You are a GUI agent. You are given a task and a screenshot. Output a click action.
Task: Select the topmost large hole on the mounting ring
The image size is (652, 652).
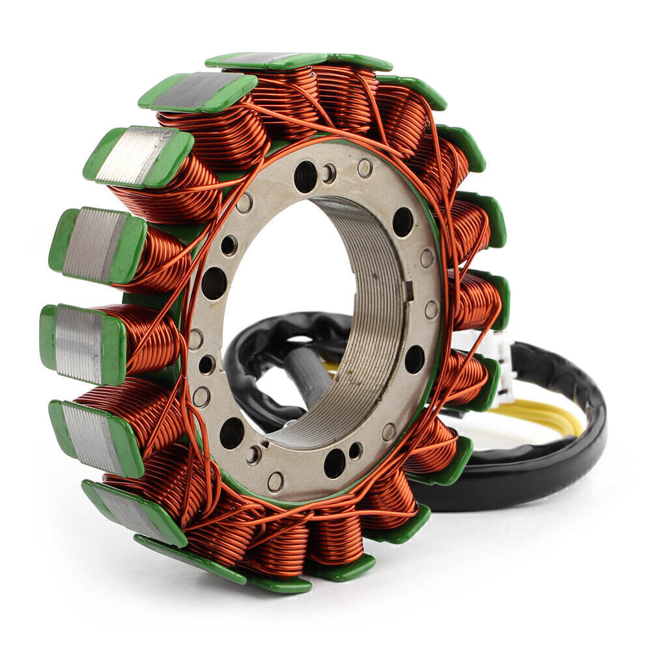pyautogui.click(x=304, y=175)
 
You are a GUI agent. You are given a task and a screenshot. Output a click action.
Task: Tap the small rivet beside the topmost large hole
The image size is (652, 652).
pyautogui.click(x=329, y=173)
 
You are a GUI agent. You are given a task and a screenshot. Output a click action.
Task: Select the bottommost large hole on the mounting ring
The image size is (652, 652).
pyautogui.click(x=334, y=462)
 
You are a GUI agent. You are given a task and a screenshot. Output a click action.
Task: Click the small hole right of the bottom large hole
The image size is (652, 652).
pyautogui.click(x=356, y=450)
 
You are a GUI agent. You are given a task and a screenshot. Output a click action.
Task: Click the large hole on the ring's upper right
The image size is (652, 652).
pyautogui.click(x=403, y=222)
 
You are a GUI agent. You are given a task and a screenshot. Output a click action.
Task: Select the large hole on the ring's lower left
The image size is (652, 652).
pyautogui.click(x=232, y=432)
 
